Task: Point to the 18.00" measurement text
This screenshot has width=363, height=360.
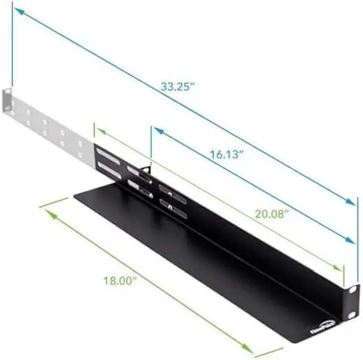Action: tap(119, 279)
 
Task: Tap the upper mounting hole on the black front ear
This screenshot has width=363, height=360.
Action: tap(352, 290)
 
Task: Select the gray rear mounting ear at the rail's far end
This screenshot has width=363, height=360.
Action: tap(8, 103)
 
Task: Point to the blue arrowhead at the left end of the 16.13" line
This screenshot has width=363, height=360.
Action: tap(157, 131)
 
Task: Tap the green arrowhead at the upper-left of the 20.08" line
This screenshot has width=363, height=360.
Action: tap(99, 131)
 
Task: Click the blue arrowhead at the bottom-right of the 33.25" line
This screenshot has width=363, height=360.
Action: tap(353, 202)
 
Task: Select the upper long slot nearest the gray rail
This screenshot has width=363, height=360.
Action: tap(108, 154)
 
